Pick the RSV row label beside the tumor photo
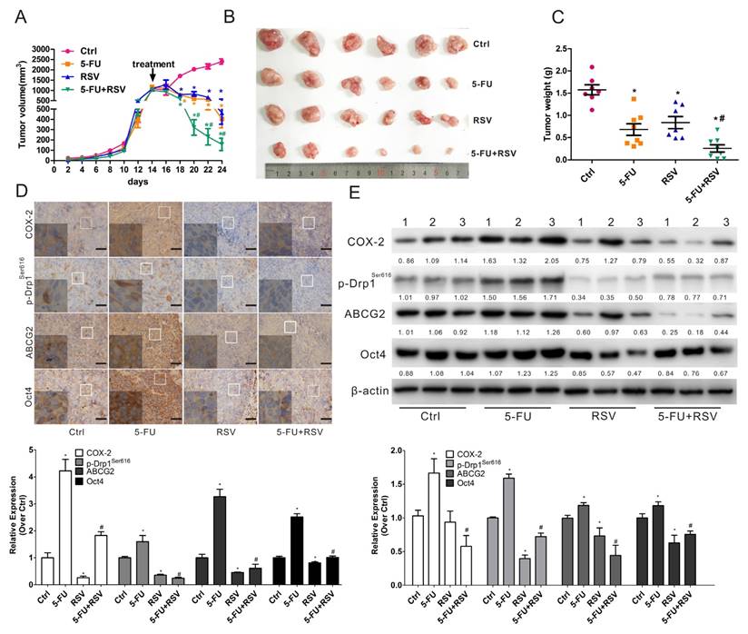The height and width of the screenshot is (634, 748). click(481, 119)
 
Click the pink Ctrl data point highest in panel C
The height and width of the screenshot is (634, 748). click(594, 68)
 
